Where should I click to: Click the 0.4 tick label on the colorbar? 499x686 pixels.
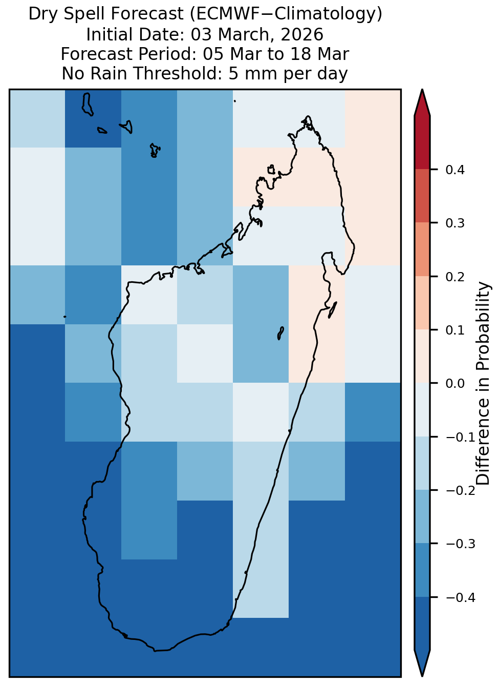click(x=454, y=170)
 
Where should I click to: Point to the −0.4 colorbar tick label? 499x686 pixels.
click(x=461, y=597)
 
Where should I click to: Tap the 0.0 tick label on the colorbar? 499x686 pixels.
click(x=454, y=383)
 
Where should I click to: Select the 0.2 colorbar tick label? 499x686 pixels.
click(x=454, y=277)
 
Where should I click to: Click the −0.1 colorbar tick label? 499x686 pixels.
click(x=461, y=437)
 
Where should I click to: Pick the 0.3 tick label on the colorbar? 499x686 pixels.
click(x=454, y=223)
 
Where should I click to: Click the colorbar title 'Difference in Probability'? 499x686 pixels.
click(x=483, y=383)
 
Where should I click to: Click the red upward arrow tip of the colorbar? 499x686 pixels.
click(x=422, y=90)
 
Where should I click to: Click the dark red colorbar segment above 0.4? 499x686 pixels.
click(x=422, y=143)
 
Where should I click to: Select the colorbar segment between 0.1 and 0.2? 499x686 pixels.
click(x=422, y=303)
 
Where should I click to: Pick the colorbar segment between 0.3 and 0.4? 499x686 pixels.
click(x=422, y=196)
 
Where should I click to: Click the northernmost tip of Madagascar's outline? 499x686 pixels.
click(x=308, y=116)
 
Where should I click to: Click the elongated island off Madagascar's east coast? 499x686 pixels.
click(x=333, y=309)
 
